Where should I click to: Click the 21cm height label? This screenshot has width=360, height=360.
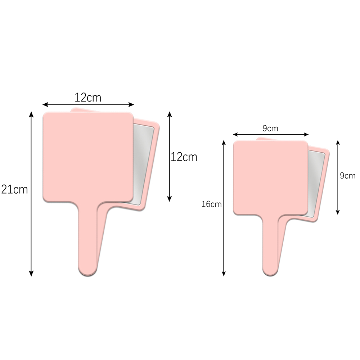tap(14, 189)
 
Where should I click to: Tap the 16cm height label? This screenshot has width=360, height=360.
tap(211, 204)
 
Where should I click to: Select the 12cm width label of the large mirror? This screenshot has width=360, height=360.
tap(88, 97)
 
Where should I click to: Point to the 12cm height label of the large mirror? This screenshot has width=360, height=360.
tap(184, 157)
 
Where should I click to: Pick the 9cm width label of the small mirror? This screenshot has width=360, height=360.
tap(270, 128)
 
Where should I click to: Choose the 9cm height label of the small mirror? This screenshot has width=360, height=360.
tap(348, 176)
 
